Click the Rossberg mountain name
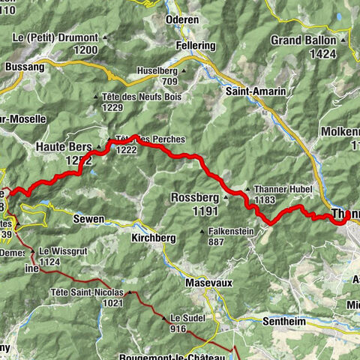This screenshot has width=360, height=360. click(x=194, y=198)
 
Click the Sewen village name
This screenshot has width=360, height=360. click(x=88, y=219)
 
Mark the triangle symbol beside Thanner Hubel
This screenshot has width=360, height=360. click(x=247, y=189)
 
